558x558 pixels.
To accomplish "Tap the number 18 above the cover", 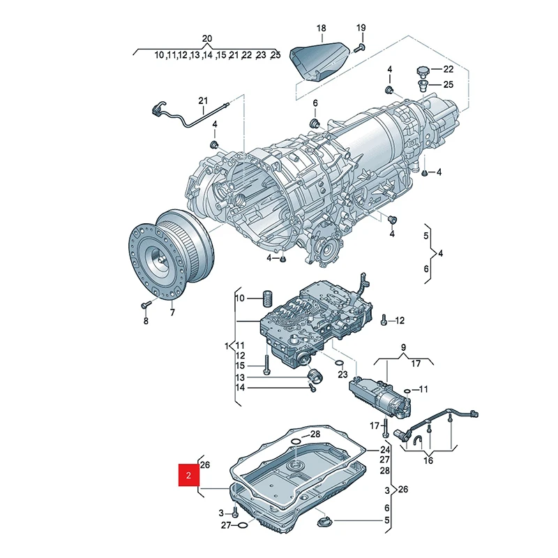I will click(x=321, y=29).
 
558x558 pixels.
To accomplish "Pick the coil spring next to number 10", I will click(x=265, y=299).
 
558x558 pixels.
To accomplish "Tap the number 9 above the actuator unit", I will click(x=402, y=347).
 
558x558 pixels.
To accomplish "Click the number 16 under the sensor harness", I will click(x=428, y=460).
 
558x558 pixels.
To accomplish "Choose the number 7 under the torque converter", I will click(x=172, y=313).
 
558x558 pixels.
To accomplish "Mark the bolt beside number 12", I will click(x=384, y=321).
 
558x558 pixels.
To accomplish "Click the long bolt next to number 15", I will click(x=266, y=366).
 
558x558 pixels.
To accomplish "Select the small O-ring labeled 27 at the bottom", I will click(x=241, y=525).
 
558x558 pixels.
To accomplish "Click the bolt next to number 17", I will click(x=384, y=426).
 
